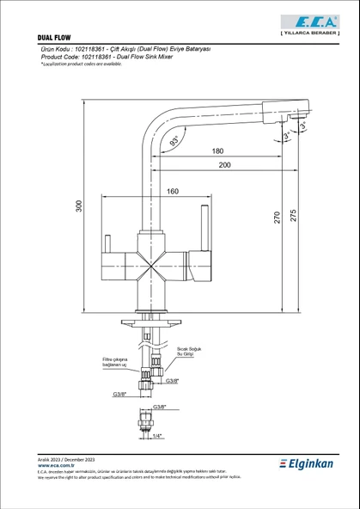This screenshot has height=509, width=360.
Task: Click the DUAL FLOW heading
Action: point(57,39)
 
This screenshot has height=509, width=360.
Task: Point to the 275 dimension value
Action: point(294,218)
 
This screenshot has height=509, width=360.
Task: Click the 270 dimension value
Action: point(277,218)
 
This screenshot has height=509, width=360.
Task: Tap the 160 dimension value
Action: point(173,191)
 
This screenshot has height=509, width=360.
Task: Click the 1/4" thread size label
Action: point(156,437)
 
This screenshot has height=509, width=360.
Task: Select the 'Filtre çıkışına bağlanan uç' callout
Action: point(115,362)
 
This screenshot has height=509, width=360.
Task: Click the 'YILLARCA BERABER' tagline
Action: point(313,32)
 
